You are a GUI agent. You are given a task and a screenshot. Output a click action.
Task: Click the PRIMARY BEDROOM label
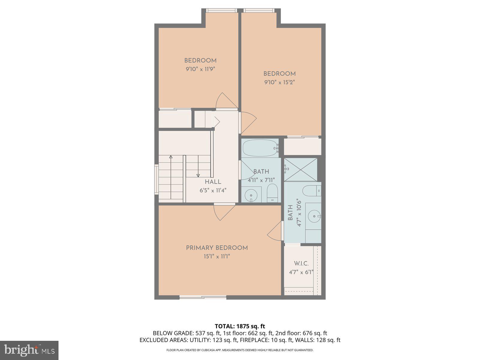point(217,248)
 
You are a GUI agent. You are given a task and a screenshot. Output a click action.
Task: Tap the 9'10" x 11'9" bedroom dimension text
point(200,69)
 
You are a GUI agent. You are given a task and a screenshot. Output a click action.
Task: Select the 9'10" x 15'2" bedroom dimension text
point(279,82)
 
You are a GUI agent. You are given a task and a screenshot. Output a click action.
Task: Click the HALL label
point(213,182)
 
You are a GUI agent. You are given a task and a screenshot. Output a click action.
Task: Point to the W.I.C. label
point(301,264)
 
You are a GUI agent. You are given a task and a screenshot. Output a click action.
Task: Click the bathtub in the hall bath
point(260,148)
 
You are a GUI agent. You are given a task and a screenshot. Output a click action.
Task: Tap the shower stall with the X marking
point(301,169)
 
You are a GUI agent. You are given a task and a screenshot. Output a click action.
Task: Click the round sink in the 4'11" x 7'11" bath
point(251,195)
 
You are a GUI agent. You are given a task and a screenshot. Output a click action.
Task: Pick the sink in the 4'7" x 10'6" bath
point(314,216)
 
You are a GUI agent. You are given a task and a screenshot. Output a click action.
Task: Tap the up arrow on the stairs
point(171,157)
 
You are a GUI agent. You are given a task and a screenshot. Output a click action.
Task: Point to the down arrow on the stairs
point(198,175)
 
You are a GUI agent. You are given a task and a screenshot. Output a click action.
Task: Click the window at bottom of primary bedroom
point(203,297)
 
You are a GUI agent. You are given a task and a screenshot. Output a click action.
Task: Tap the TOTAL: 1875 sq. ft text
point(240,326)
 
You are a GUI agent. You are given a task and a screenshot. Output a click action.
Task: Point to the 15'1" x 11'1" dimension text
point(217,256)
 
